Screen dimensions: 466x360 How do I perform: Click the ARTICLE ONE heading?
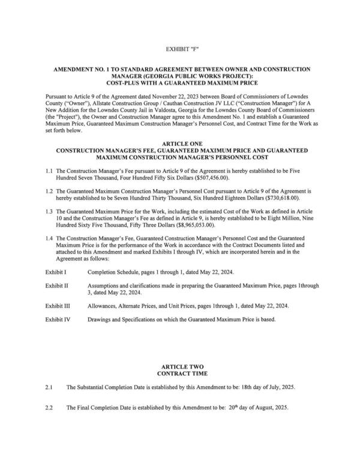coord(180,142)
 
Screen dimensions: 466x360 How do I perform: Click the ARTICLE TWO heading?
coord(179,366)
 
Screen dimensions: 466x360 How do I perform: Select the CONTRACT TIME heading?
coord(179,373)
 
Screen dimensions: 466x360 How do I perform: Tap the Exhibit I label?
coord(56,271)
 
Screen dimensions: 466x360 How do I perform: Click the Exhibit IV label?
coord(58,319)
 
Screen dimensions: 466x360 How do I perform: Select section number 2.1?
coord(49,387)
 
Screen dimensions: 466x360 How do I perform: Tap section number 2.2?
coord(49,408)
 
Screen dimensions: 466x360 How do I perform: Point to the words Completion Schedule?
coord(111,271)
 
